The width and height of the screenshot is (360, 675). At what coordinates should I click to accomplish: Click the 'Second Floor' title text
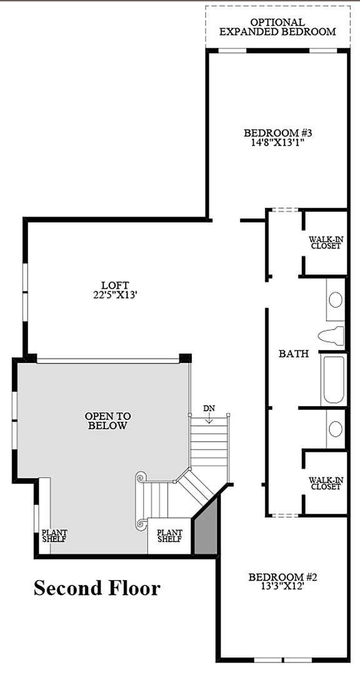click(97, 588)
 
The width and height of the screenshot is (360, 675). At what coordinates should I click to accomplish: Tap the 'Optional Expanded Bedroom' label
click(277, 26)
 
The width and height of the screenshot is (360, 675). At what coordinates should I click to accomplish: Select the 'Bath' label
click(294, 354)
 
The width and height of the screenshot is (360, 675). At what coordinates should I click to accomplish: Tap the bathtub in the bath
click(333, 379)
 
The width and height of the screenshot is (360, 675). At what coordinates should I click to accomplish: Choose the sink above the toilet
click(336, 300)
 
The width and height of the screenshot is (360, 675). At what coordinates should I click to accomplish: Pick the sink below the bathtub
click(336, 428)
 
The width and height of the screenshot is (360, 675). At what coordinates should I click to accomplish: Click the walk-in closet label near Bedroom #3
click(325, 242)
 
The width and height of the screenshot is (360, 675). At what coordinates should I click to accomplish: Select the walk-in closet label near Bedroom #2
click(325, 483)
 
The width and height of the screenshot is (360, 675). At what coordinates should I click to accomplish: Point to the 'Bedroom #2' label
click(282, 577)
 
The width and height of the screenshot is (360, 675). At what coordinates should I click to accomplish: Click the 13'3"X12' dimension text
click(282, 587)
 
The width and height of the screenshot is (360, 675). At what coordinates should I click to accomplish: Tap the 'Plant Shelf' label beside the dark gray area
click(169, 536)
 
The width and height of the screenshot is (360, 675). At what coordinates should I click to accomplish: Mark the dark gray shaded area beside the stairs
click(205, 531)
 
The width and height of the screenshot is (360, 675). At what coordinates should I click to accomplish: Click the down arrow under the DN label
click(210, 419)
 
